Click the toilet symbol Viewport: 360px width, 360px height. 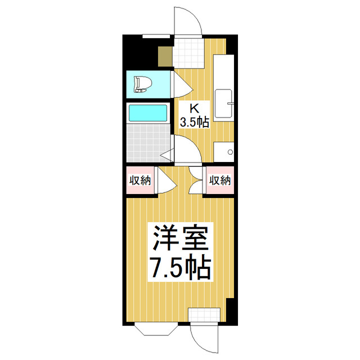click(143, 85)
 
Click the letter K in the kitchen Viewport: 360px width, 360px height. click(194, 109)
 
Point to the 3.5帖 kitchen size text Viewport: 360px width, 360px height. click(194, 122)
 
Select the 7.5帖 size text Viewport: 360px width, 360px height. click(179, 268)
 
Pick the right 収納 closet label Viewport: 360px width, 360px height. click(220, 181)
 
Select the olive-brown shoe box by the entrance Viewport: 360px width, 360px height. click(165, 56)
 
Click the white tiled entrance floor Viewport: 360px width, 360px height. click(187, 52)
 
